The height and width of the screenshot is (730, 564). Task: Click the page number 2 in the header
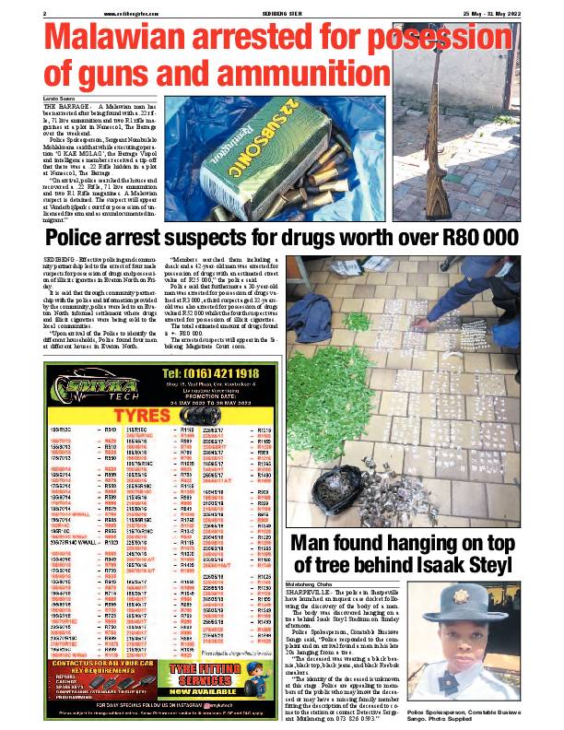45,12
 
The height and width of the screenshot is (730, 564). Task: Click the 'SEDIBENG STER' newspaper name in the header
282,12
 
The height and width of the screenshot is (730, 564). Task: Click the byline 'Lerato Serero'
59,98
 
